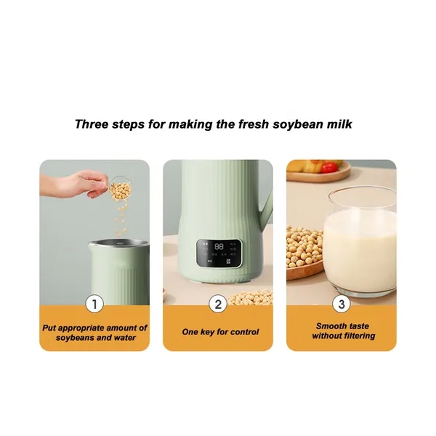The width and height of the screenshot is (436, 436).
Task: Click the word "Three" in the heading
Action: [92, 124]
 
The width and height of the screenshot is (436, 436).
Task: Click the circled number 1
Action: [94, 304]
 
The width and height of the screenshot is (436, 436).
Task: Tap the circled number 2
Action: [218, 304]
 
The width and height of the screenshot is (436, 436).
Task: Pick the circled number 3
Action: [342, 304]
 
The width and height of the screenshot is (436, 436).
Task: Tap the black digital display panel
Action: [218, 253]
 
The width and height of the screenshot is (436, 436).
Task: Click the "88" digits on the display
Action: [219, 246]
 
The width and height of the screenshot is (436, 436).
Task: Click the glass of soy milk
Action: [360, 241]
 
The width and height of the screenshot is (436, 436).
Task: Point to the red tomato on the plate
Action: [330, 167]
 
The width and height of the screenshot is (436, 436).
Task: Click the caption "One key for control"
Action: [220, 332]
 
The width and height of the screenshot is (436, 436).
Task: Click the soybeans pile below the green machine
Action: [250, 298]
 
